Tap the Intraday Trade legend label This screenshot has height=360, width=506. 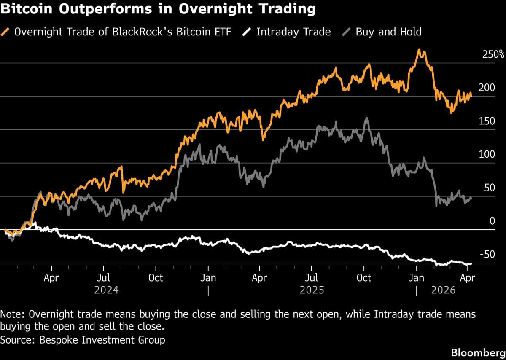[293, 32]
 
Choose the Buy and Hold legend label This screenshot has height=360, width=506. [388, 32]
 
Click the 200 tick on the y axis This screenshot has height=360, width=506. [487, 88]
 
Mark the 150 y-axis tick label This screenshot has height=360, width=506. [487, 121]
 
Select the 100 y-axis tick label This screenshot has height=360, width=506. [487, 154]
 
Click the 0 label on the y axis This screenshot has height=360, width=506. [492, 221]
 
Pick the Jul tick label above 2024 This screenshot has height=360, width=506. [103, 278]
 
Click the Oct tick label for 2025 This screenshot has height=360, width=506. [364, 278]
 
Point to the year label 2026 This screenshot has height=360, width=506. [443, 290]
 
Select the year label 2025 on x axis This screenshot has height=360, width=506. [312, 290]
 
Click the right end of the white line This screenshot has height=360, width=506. [471, 263]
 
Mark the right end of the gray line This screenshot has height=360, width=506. [471, 198]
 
